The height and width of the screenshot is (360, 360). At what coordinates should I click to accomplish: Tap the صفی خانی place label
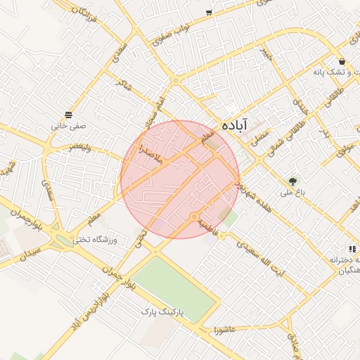(68, 127)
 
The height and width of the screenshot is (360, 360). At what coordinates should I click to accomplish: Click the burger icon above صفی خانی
(68, 115)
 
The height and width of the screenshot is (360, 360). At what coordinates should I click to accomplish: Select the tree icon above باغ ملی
(292, 180)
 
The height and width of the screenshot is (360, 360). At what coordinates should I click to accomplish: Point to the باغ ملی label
(290, 192)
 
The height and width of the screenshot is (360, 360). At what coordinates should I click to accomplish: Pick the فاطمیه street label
(209, 226)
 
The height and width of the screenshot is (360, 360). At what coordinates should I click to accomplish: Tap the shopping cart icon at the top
(209, 13)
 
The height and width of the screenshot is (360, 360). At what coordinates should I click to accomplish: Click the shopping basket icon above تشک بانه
(342, 61)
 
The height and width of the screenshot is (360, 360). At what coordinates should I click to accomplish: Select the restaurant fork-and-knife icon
(352, 248)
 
